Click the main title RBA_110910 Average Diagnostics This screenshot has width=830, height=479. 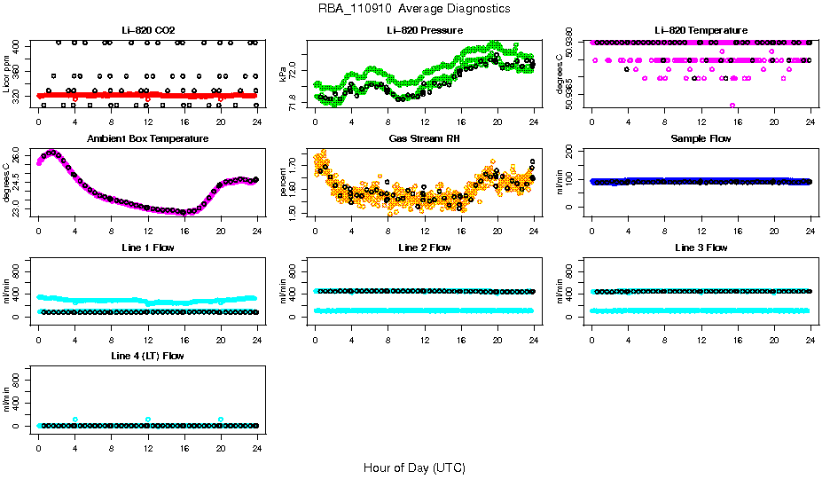coord(414,8)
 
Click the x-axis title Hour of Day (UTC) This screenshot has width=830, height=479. coord(414,467)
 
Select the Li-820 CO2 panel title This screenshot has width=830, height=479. coord(147,30)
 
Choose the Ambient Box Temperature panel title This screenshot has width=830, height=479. coord(147,138)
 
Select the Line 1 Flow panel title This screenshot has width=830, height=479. coord(147,247)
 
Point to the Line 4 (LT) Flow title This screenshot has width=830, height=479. coord(147,356)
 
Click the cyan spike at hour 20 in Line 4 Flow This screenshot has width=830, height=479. coord(221,420)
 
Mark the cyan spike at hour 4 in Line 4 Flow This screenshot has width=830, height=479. coord(75,420)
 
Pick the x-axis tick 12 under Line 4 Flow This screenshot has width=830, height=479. coord(147,438)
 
